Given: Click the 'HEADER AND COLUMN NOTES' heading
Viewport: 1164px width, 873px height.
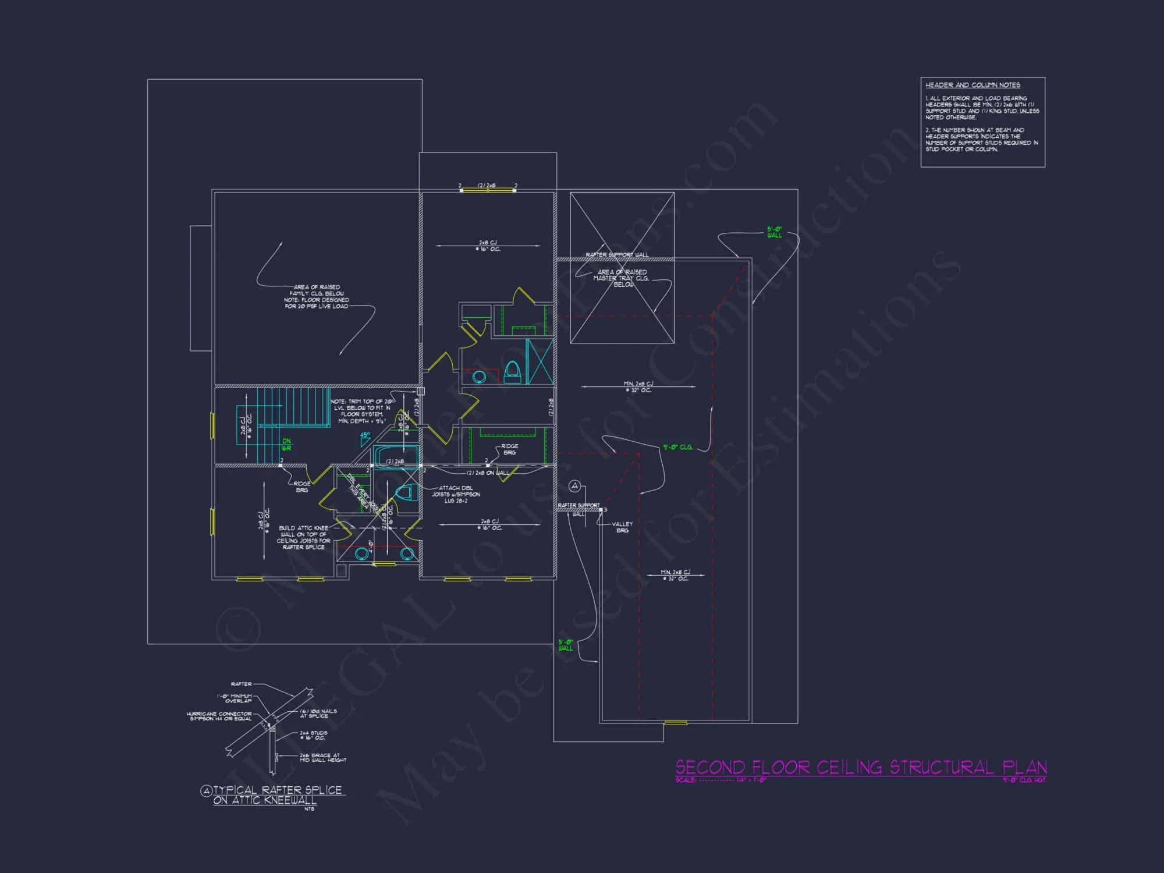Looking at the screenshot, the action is pyautogui.click(x=973, y=85).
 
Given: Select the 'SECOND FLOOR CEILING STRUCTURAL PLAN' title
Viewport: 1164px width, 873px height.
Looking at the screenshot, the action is pyautogui.click(x=861, y=768).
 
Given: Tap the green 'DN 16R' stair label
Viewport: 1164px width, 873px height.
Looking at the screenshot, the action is pyautogui.click(x=286, y=445).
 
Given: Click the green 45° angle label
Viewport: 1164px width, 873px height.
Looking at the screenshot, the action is pyautogui.click(x=365, y=435).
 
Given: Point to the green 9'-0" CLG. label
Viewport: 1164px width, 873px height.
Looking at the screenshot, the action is pyautogui.click(x=678, y=448).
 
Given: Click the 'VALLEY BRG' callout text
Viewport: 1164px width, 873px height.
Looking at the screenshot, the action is pyautogui.click(x=622, y=527).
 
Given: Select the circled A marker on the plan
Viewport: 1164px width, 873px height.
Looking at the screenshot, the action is pyautogui.click(x=574, y=486).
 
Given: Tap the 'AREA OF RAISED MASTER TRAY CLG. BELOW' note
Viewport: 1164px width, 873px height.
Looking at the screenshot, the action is pyautogui.click(x=622, y=278).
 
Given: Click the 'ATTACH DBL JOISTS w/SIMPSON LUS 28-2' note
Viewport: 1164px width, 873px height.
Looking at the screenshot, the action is pyautogui.click(x=456, y=494).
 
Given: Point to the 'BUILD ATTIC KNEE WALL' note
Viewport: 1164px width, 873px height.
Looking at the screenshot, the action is pyautogui.click(x=303, y=537).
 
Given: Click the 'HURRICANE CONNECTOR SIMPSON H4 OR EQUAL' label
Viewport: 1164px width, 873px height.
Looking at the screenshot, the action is pyautogui.click(x=220, y=716).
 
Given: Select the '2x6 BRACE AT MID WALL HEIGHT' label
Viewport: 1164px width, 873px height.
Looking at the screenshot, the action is pyautogui.click(x=322, y=758).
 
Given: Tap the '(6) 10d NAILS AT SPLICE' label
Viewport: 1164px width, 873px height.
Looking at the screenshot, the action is pyautogui.click(x=318, y=714).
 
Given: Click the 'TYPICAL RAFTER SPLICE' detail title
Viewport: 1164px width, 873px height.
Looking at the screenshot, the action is pyautogui.click(x=277, y=790).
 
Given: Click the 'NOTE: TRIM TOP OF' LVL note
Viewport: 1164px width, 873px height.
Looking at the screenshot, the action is pyautogui.click(x=361, y=411).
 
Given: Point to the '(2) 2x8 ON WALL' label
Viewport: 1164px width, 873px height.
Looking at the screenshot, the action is pyautogui.click(x=488, y=473).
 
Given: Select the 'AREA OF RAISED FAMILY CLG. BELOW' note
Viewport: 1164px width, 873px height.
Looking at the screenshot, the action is pyautogui.click(x=317, y=296).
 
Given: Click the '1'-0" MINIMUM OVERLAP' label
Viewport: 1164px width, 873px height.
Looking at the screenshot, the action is pyautogui.click(x=235, y=698).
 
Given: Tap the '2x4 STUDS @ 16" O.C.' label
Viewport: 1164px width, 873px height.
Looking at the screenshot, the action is pyautogui.click(x=313, y=736).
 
